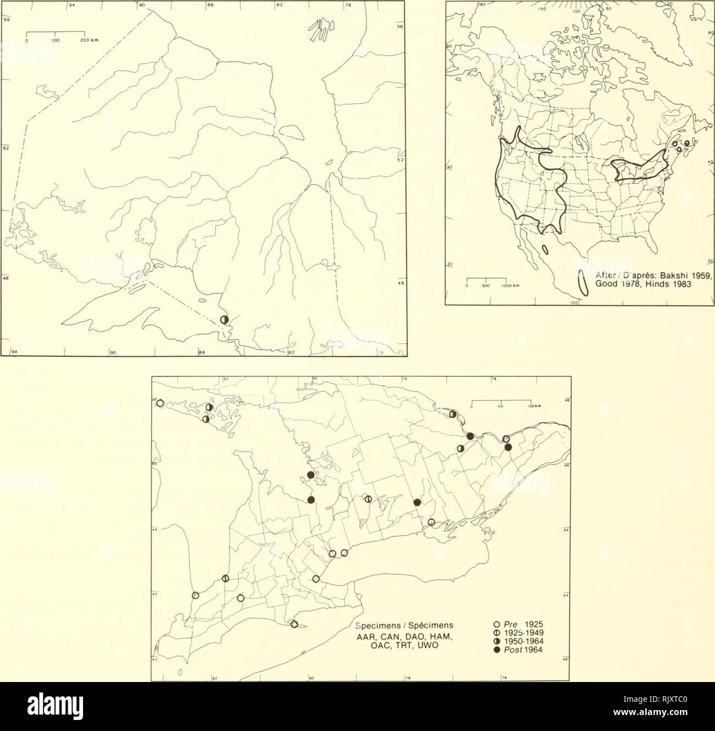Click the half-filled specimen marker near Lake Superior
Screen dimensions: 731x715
point(224,320)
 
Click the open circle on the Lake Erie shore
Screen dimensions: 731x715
point(294,624)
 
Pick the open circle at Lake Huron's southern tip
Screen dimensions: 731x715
point(195,595)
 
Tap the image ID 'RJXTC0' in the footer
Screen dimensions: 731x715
point(676,703)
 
